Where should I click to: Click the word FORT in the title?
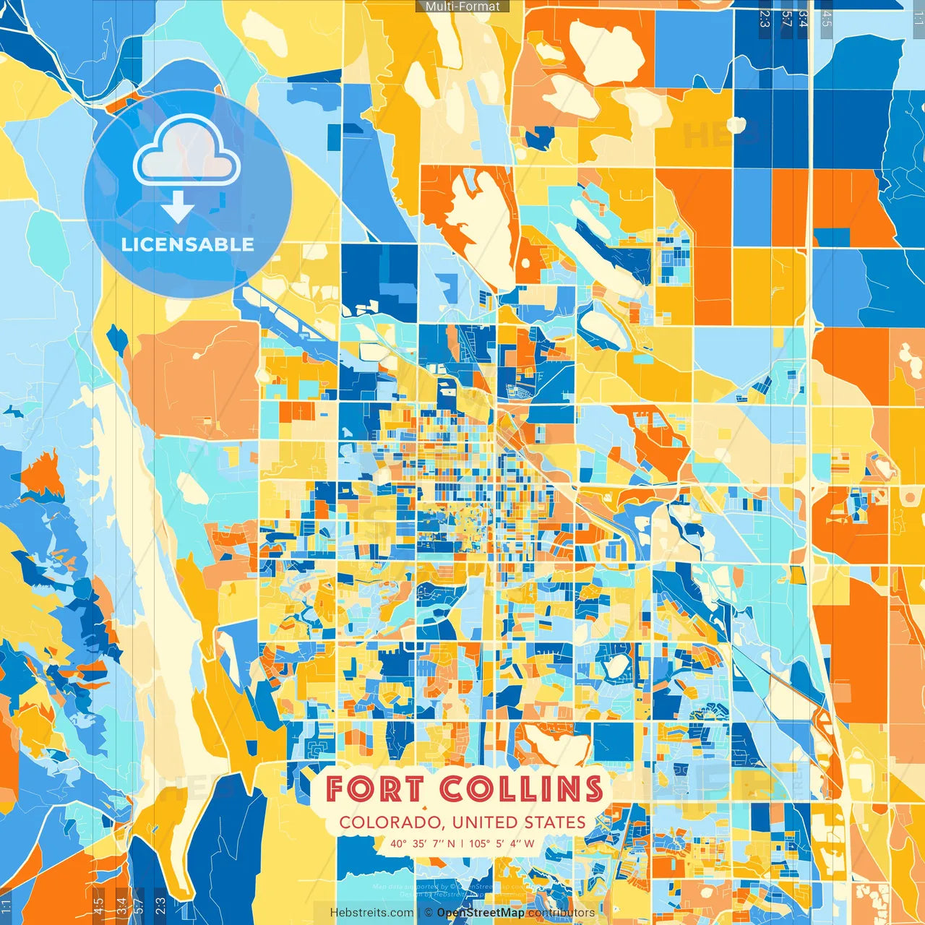pyautogui.click(x=374, y=788)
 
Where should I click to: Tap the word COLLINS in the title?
pyautogui.click(x=522, y=788)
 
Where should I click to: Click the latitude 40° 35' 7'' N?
pyautogui.click(x=423, y=843)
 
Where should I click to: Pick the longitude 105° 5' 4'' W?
pyautogui.click(x=502, y=843)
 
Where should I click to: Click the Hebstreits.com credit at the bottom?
pyautogui.click(x=371, y=913)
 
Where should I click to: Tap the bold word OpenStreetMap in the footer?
pyautogui.click(x=481, y=913)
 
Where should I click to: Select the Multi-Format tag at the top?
pyautogui.click(x=462, y=7)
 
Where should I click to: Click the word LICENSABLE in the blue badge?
pyautogui.click(x=188, y=244)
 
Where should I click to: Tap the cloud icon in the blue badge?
pyautogui.click(x=186, y=151)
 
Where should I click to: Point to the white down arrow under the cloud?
pyautogui.click(x=178, y=208)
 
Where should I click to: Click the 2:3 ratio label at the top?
pyautogui.click(x=765, y=19)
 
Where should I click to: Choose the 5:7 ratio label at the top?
pyautogui.click(x=786, y=19)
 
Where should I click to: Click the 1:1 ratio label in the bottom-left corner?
pyautogui.click(x=7, y=905)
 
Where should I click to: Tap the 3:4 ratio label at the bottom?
pyautogui.click(x=121, y=905)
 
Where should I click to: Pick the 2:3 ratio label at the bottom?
pyautogui.click(x=160, y=905)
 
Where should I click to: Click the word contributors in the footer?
pyautogui.click(x=562, y=913)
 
